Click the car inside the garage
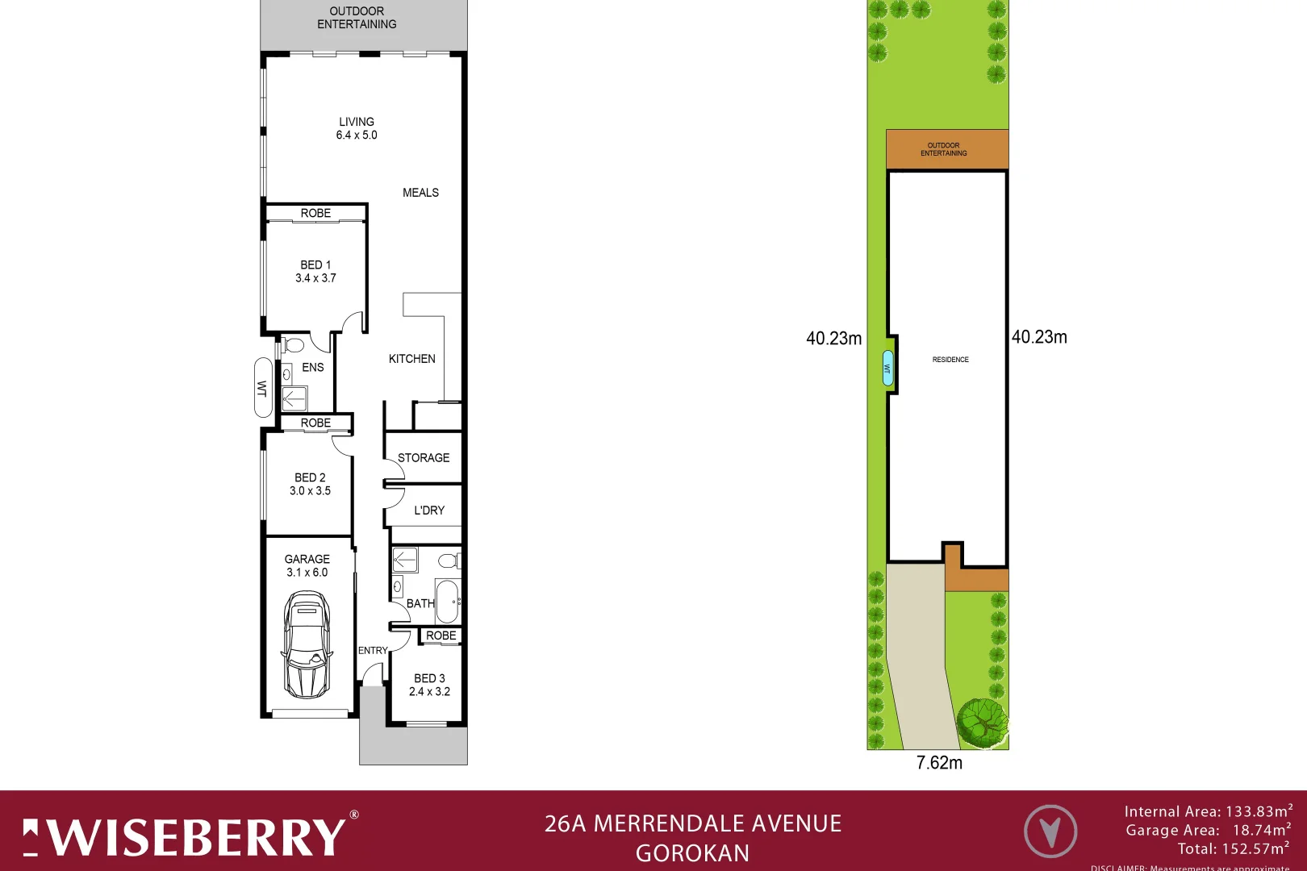[307, 645]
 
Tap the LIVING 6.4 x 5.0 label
[357, 128]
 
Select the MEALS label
[420, 193]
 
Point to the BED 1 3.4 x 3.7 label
[315, 271]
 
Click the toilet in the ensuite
[294, 345]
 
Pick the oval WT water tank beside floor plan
[263, 387]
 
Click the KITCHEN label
[411, 359]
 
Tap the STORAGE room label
[424, 458]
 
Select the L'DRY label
[429, 511]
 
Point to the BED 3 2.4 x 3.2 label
[429, 685]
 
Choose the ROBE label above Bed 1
[315, 213]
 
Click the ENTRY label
[373, 650]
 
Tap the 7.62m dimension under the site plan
[939, 763]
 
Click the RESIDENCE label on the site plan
[950, 360]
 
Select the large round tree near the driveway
[983, 719]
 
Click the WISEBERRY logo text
[198, 837]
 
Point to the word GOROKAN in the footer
[692, 853]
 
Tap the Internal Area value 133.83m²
[1259, 811]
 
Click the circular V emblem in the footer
[1050, 831]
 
